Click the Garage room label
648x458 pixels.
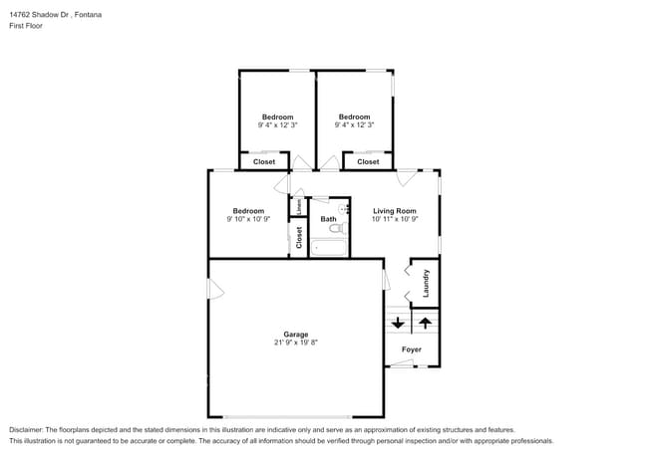coord(295,334)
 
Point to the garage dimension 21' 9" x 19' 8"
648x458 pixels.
coord(295,343)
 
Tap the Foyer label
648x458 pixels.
coord(411,349)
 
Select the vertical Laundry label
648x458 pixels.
coord(426,284)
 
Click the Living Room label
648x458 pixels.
coord(394,210)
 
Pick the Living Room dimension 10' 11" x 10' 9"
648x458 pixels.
coord(394,219)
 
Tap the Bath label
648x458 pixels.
coord(328,219)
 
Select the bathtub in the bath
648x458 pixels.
coord(327,247)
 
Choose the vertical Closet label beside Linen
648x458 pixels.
coord(298,237)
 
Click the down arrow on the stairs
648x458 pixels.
coord(398,323)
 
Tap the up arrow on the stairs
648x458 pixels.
coord(425,323)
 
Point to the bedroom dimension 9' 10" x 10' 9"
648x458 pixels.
coord(248,219)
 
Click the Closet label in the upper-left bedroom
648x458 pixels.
coord(264,161)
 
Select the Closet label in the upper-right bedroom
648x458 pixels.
coord(368,161)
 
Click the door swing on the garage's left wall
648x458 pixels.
coord(214,289)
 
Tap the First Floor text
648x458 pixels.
coord(26,26)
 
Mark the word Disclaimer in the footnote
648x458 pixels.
coord(30,429)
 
